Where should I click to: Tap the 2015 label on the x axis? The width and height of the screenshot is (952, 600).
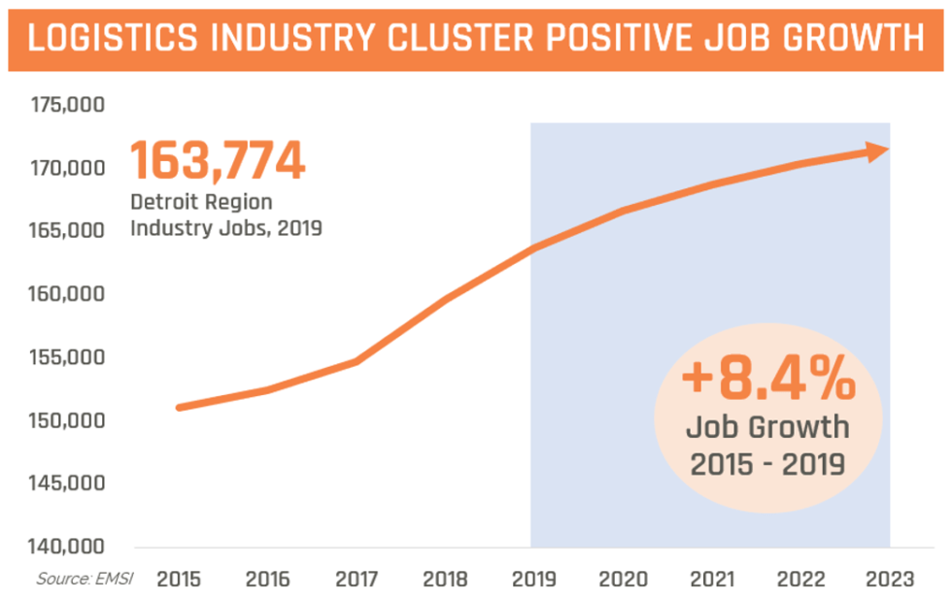(179, 580)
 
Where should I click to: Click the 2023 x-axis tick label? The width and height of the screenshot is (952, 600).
(890, 580)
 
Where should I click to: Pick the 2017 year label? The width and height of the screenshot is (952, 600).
(357, 580)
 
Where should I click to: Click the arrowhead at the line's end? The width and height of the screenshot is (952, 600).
(878, 150)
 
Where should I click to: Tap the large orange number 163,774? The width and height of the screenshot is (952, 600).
(218, 160)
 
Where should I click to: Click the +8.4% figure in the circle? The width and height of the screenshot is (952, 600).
(767, 380)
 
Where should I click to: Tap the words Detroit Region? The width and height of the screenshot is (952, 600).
(201, 203)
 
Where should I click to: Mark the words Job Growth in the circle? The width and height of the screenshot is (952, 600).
(767, 426)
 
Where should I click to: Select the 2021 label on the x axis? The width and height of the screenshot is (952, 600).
(712, 580)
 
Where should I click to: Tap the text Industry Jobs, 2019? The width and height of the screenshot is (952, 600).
(224, 229)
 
